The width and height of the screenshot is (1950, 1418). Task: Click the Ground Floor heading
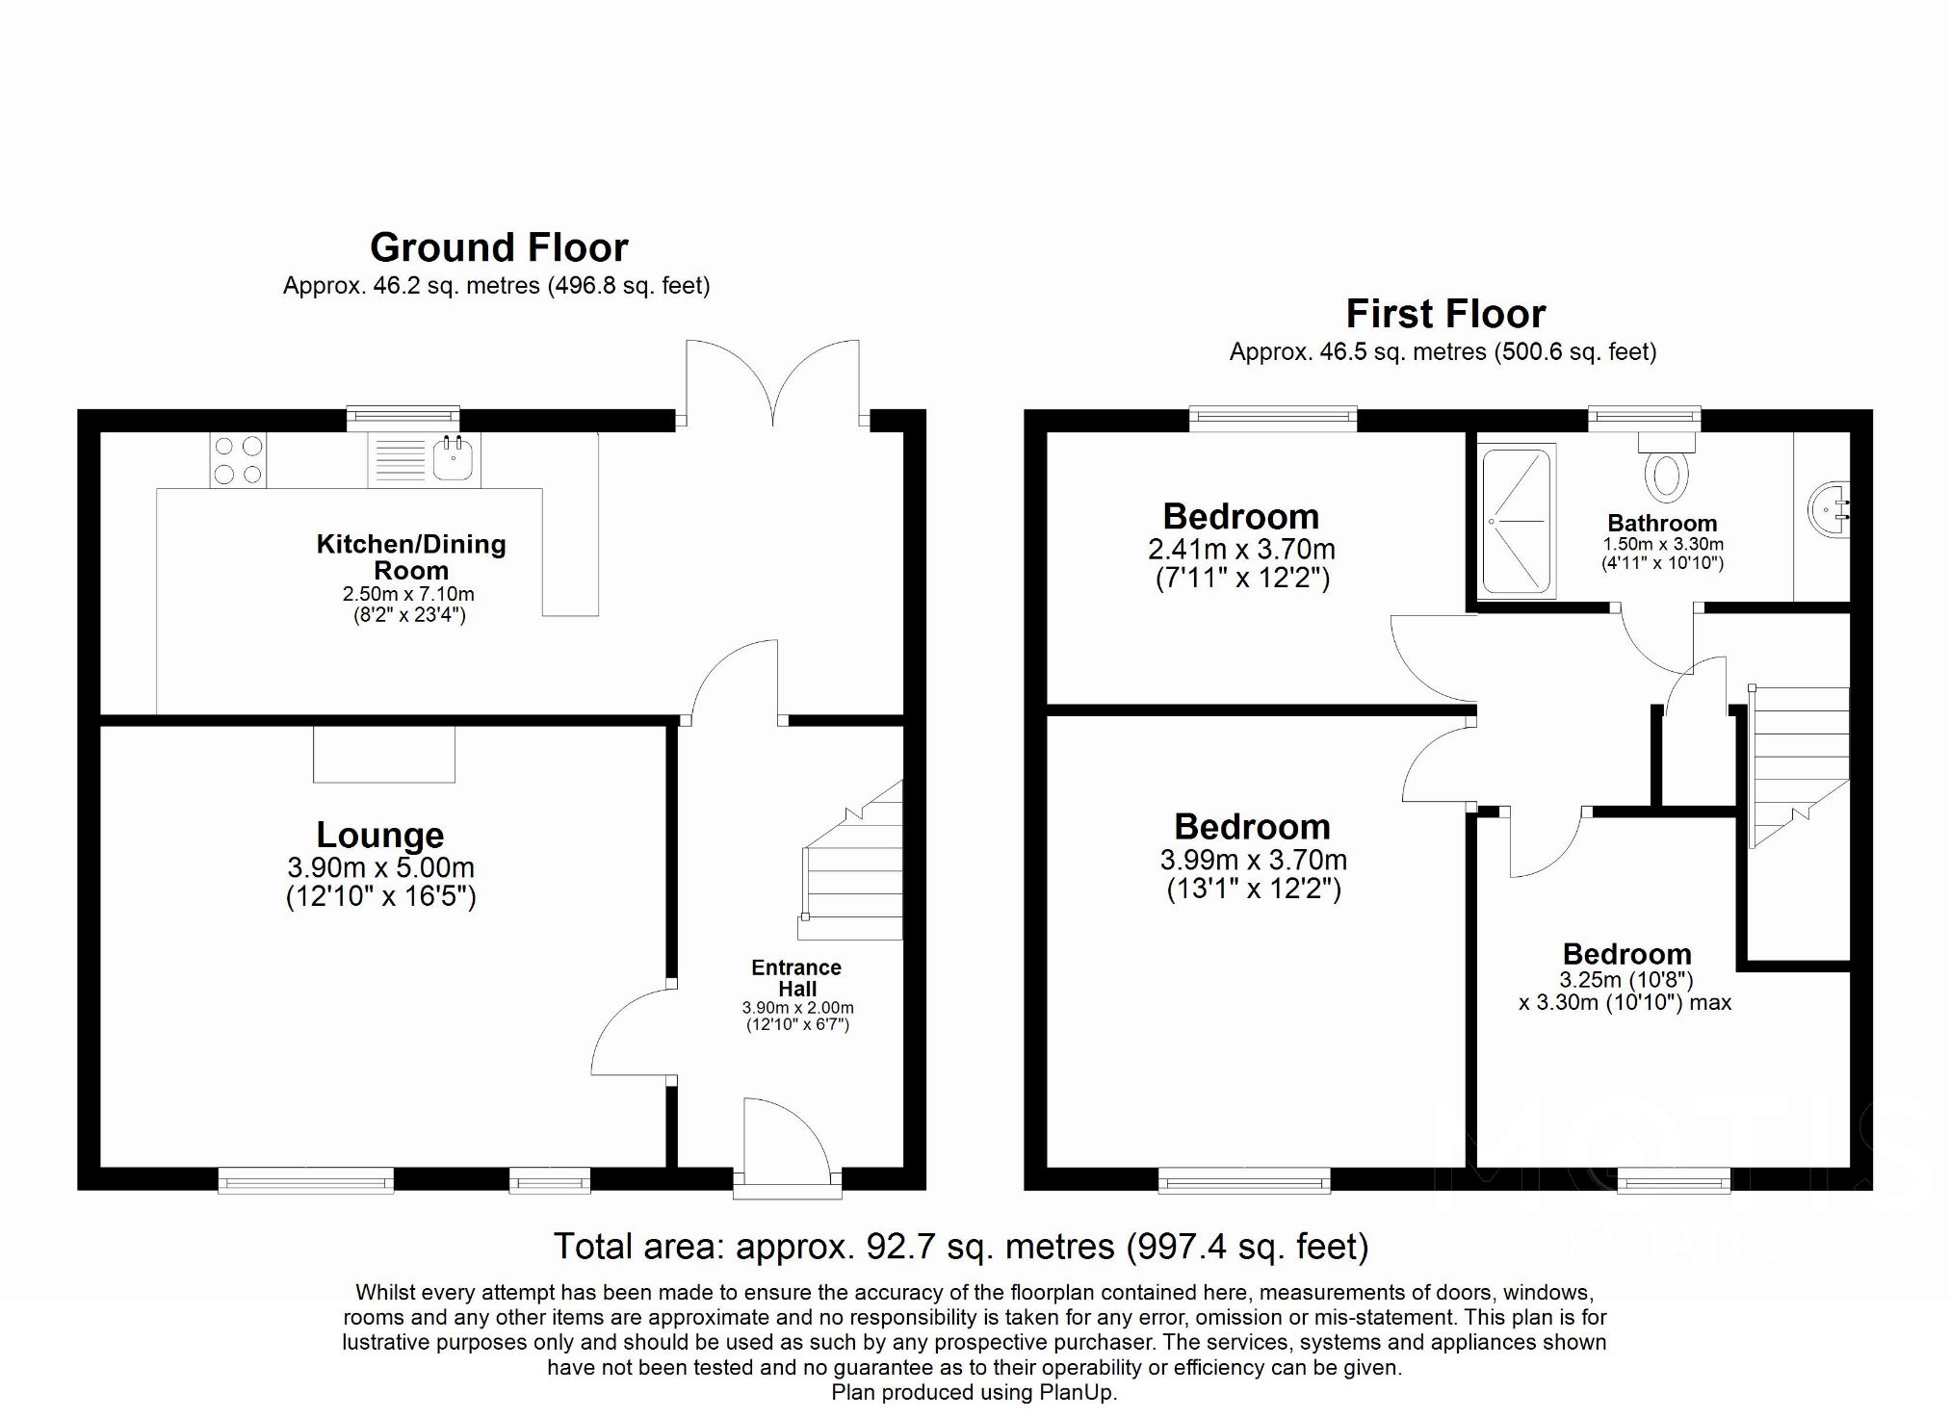tap(499, 248)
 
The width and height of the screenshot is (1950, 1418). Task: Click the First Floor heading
tap(1444, 315)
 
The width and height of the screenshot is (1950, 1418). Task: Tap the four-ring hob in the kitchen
tap(238, 460)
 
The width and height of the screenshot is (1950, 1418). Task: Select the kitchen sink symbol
tap(453, 459)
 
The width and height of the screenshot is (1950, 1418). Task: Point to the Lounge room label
tap(380, 835)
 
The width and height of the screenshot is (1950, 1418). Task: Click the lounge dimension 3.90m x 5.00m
tap(380, 867)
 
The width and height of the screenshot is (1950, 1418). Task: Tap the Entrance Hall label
tap(796, 977)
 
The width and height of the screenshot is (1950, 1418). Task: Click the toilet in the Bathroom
tap(1667, 470)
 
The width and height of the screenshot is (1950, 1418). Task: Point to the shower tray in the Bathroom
tap(1518, 521)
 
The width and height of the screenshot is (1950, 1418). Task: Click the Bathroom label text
tap(1662, 524)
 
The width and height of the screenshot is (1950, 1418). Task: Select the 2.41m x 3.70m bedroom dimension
tap(1241, 550)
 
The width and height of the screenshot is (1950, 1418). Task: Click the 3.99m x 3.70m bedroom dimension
tap(1253, 860)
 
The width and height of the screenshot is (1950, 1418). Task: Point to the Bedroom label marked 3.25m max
tap(1626, 954)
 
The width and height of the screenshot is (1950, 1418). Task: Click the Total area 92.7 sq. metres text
tap(960, 1247)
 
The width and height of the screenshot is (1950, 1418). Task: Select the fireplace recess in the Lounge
tap(383, 754)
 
